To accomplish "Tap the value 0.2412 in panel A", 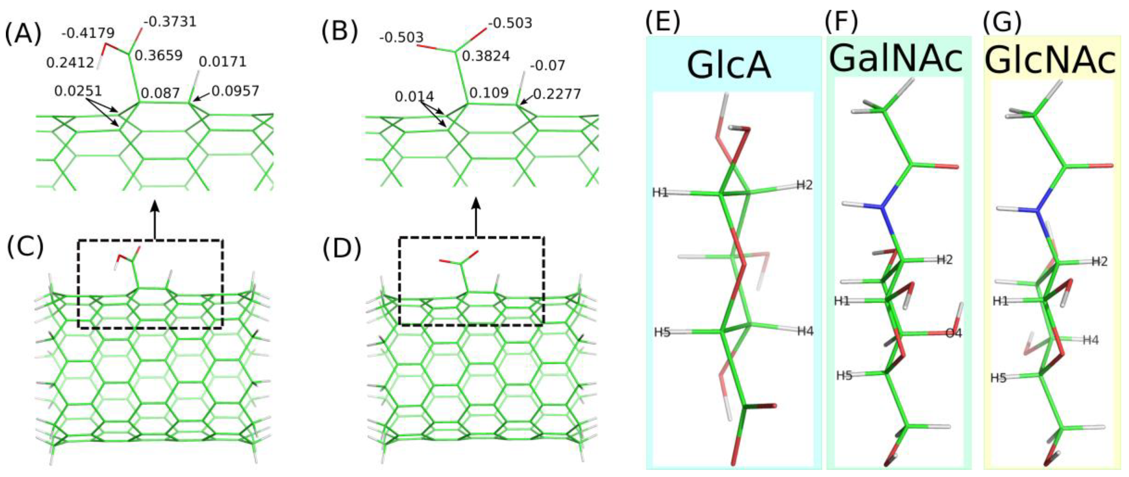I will click(70, 63).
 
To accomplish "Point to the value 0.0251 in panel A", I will click(78, 91).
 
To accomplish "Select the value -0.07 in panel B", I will click(548, 66).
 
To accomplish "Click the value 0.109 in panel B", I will click(489, 93).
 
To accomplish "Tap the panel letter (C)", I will click(25, 247).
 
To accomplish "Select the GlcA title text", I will click(729, 65).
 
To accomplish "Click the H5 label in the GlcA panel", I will click(662, 332).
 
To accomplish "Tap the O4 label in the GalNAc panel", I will click(953, 333).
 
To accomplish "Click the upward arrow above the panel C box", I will click(154, 219).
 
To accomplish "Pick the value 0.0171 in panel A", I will click(223, 62).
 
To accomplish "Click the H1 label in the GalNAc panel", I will click(841, 301).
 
